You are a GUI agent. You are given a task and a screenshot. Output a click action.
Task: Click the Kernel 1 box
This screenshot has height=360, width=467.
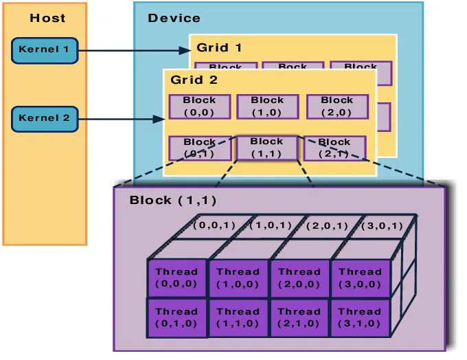pyautogui.click(x=45, y=49)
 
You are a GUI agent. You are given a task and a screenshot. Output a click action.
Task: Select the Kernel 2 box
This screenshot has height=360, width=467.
pyautogui.click(x=45, y=118)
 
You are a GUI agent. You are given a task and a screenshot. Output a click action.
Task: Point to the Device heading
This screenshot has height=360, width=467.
pyautogui.click(x=174, y=19)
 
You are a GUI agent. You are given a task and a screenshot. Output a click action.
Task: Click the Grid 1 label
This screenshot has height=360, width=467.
pyautogui.click(x=219, y=48)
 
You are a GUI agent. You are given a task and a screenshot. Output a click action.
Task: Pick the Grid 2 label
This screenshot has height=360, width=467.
pyautogui.click(x=194, y=80)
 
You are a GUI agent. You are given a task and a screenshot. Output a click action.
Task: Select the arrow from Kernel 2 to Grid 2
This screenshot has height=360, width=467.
pyautogui.click(x=120, y=119)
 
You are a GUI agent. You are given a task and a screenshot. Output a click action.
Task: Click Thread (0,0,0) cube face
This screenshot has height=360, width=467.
pyautogui.click(x=176, y=278)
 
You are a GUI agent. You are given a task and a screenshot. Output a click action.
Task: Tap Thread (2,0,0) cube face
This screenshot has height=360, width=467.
pyautogui.click(x=299, y=278)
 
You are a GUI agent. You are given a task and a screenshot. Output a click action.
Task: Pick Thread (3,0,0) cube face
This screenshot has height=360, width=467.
pyautogui.click(x=360, y=278)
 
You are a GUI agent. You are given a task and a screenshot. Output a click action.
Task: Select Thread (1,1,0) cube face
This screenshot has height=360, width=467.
pyautogui.click(x=238, y=317)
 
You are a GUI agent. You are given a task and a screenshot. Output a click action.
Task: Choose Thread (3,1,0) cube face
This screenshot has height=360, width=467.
pyautogui.click(x=360, y=317)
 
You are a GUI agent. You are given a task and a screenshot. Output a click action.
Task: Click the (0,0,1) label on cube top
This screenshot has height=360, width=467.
pyautogui.click(x=214, y=225)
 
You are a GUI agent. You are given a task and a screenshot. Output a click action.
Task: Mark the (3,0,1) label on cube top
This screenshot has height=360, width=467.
pyautogui.click(x=382, y=225)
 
